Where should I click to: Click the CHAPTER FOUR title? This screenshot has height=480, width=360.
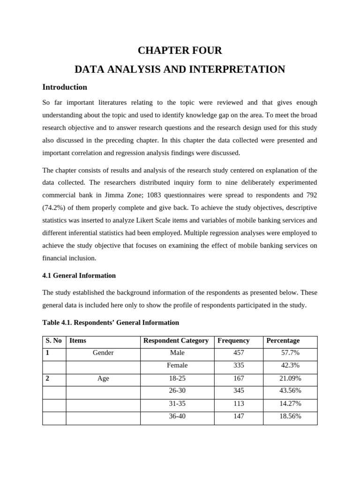(180, 50)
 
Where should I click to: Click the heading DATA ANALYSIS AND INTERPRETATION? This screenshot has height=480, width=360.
(180, 69)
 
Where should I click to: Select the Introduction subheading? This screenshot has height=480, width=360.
(65, 87)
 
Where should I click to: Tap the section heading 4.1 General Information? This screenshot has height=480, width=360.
(79, 276)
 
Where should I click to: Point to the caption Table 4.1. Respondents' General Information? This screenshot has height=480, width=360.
(111, 322)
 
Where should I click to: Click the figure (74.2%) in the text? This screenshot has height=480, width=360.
(55, 208)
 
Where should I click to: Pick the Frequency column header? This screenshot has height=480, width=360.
(233, 341)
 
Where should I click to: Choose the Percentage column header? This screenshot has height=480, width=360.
(283, 341)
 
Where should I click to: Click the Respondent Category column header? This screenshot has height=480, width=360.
(176, 341)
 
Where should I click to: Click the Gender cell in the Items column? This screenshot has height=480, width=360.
(103, 353)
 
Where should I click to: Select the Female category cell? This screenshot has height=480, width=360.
(177, 366)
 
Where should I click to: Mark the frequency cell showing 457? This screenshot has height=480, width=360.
(239, 353)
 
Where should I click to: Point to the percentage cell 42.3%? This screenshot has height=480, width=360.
(290, 366)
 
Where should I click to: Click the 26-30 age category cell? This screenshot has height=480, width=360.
(177, 391)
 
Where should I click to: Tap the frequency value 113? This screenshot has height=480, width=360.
(239, 404)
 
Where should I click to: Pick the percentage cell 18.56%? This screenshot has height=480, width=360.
(290, 416)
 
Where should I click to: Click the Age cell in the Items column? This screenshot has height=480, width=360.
(103, 378)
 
